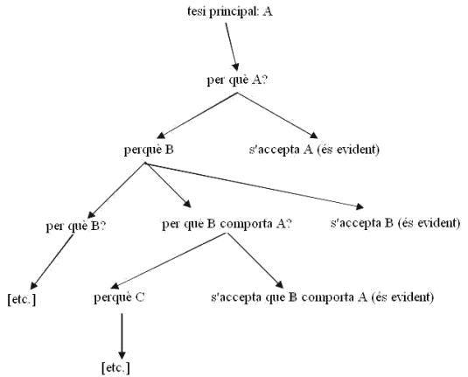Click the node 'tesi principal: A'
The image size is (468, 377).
[x=230, y=12]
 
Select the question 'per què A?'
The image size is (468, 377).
[x=236, y=80]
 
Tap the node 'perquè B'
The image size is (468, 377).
[x=149, y=150]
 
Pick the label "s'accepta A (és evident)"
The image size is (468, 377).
[x=314, y=150]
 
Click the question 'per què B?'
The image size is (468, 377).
[x=76, y=227]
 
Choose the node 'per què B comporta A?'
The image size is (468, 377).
[x=227, y=224]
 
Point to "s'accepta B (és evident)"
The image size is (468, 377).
[x=395, y=223]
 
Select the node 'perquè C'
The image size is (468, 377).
[x=119, y=297]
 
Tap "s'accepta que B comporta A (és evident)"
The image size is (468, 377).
[x=322, y=297]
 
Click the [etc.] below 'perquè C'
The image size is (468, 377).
[x=115, y=368]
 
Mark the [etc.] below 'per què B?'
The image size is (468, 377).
[x=22, y=299]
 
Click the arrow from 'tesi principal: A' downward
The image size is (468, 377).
[x=232, y=47]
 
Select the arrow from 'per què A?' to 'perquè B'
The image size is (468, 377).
[x=197, y=115]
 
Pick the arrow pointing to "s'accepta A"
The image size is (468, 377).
[x=277, y=115]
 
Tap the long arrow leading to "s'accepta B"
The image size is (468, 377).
[x=254, y=185]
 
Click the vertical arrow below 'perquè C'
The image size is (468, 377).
[x=122, y=337]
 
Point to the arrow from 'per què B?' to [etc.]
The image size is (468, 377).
[x=52, y=262]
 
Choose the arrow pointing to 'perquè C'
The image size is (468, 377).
[x=169, y=261]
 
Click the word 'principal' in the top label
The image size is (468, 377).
[x=234, y=12]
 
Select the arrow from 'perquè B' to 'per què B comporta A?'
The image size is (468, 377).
[x=168, y=185]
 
